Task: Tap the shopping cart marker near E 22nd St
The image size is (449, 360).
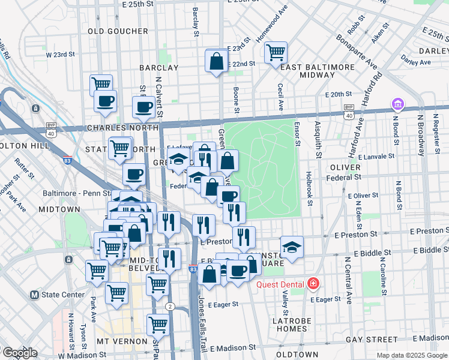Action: coord(276,53)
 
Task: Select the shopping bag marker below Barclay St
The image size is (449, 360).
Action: coord(216,61)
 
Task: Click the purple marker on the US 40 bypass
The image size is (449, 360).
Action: coord(397,105)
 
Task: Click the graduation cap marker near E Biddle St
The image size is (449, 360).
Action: coord(292,247)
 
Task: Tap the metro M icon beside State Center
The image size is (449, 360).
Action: coord(34,295)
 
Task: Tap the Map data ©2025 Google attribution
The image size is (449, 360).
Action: coord(412,355)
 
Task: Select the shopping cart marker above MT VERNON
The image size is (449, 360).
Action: coord(158,325)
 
